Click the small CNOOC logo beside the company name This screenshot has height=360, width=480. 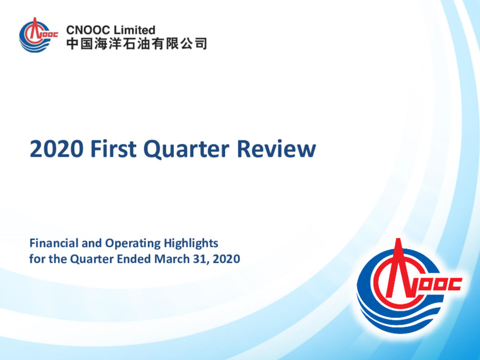(38, 35)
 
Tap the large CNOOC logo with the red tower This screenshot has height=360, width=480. (409, 286)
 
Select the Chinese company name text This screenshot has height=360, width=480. (137, 43)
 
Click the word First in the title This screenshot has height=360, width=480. (113, 149)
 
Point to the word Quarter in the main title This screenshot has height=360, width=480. (186, 149)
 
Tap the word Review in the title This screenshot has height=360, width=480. (276, 149)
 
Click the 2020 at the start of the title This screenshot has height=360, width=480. (56, 149)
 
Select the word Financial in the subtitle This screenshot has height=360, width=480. (54, 243)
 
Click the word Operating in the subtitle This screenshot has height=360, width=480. (133, 244)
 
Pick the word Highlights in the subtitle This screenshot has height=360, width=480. (191, 244)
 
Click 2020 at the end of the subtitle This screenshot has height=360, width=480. (226, 259)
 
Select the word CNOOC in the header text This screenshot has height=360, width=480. (88, 30)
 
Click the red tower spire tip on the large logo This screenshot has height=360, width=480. (398, 239)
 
